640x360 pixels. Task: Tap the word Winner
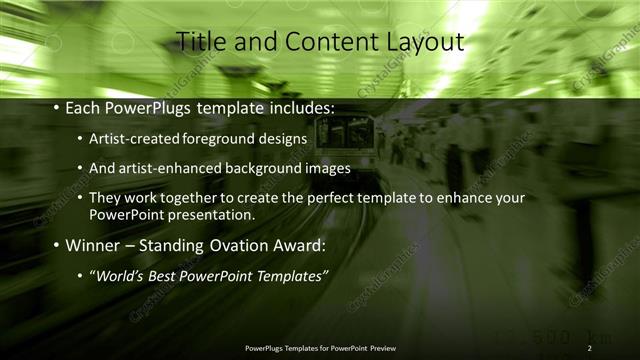(94, 245)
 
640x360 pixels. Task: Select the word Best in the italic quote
(170, 275)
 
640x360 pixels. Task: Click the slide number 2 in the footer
(590, 348)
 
